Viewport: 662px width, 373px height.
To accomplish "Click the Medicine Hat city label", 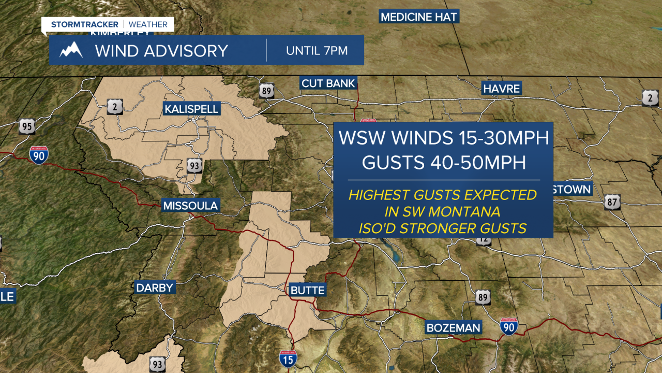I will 418,17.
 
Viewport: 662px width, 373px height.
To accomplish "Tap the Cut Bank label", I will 328,83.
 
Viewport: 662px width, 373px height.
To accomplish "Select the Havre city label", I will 501,89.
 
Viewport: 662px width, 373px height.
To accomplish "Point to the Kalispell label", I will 191,109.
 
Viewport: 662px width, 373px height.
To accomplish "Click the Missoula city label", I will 190,206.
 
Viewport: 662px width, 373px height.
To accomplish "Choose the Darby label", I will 154,288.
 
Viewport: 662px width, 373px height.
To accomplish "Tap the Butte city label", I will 307,290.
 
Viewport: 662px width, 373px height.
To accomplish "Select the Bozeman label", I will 453,327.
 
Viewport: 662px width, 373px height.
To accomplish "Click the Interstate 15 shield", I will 288,358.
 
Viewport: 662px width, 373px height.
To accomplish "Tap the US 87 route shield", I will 612,202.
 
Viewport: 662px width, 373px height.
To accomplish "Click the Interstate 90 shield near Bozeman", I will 509,326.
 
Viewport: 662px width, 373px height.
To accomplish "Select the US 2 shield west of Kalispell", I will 114,107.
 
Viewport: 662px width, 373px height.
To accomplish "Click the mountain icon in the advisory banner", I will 71,51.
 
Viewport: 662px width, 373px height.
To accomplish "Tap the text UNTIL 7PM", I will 317,51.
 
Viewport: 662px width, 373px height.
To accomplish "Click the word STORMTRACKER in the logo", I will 85,24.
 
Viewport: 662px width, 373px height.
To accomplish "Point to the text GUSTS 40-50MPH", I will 443,162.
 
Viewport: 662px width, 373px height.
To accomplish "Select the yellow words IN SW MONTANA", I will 443,211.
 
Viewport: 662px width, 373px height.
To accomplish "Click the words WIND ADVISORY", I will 161,51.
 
